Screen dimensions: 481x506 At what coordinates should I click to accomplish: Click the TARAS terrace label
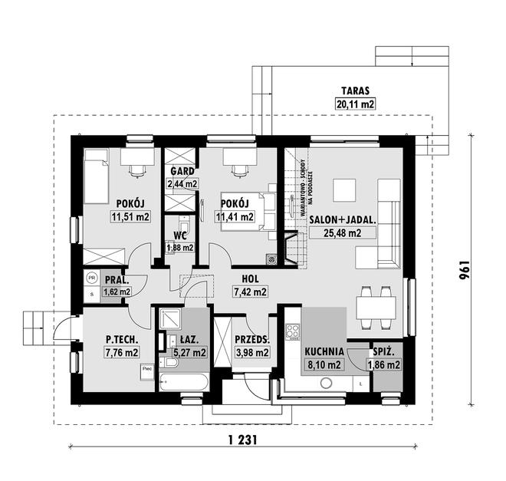[354, 89]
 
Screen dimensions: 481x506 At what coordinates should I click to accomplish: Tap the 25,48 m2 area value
[343, 233]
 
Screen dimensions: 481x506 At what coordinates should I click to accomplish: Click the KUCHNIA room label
[322, 352]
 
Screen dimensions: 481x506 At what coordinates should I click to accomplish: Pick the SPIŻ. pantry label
[384, 352]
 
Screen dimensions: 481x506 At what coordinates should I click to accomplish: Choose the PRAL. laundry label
[116, 279]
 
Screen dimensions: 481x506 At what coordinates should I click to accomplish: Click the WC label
[181, 236]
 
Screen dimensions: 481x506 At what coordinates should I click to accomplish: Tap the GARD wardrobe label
[182, 172]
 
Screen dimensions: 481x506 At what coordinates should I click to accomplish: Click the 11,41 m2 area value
[235, 217]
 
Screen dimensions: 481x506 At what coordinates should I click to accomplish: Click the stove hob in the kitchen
[291, 332]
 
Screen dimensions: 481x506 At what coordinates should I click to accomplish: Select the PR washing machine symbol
[92, 278]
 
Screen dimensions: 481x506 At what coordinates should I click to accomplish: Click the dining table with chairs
[376, 307]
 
